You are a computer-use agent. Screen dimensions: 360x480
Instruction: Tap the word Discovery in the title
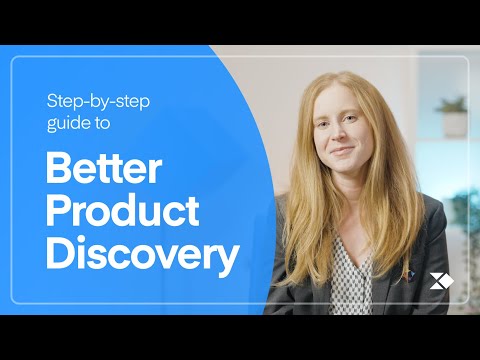[142, 256]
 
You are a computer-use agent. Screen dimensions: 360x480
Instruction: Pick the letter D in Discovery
[59, 256]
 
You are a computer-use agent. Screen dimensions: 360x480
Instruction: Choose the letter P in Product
[58, 212]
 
